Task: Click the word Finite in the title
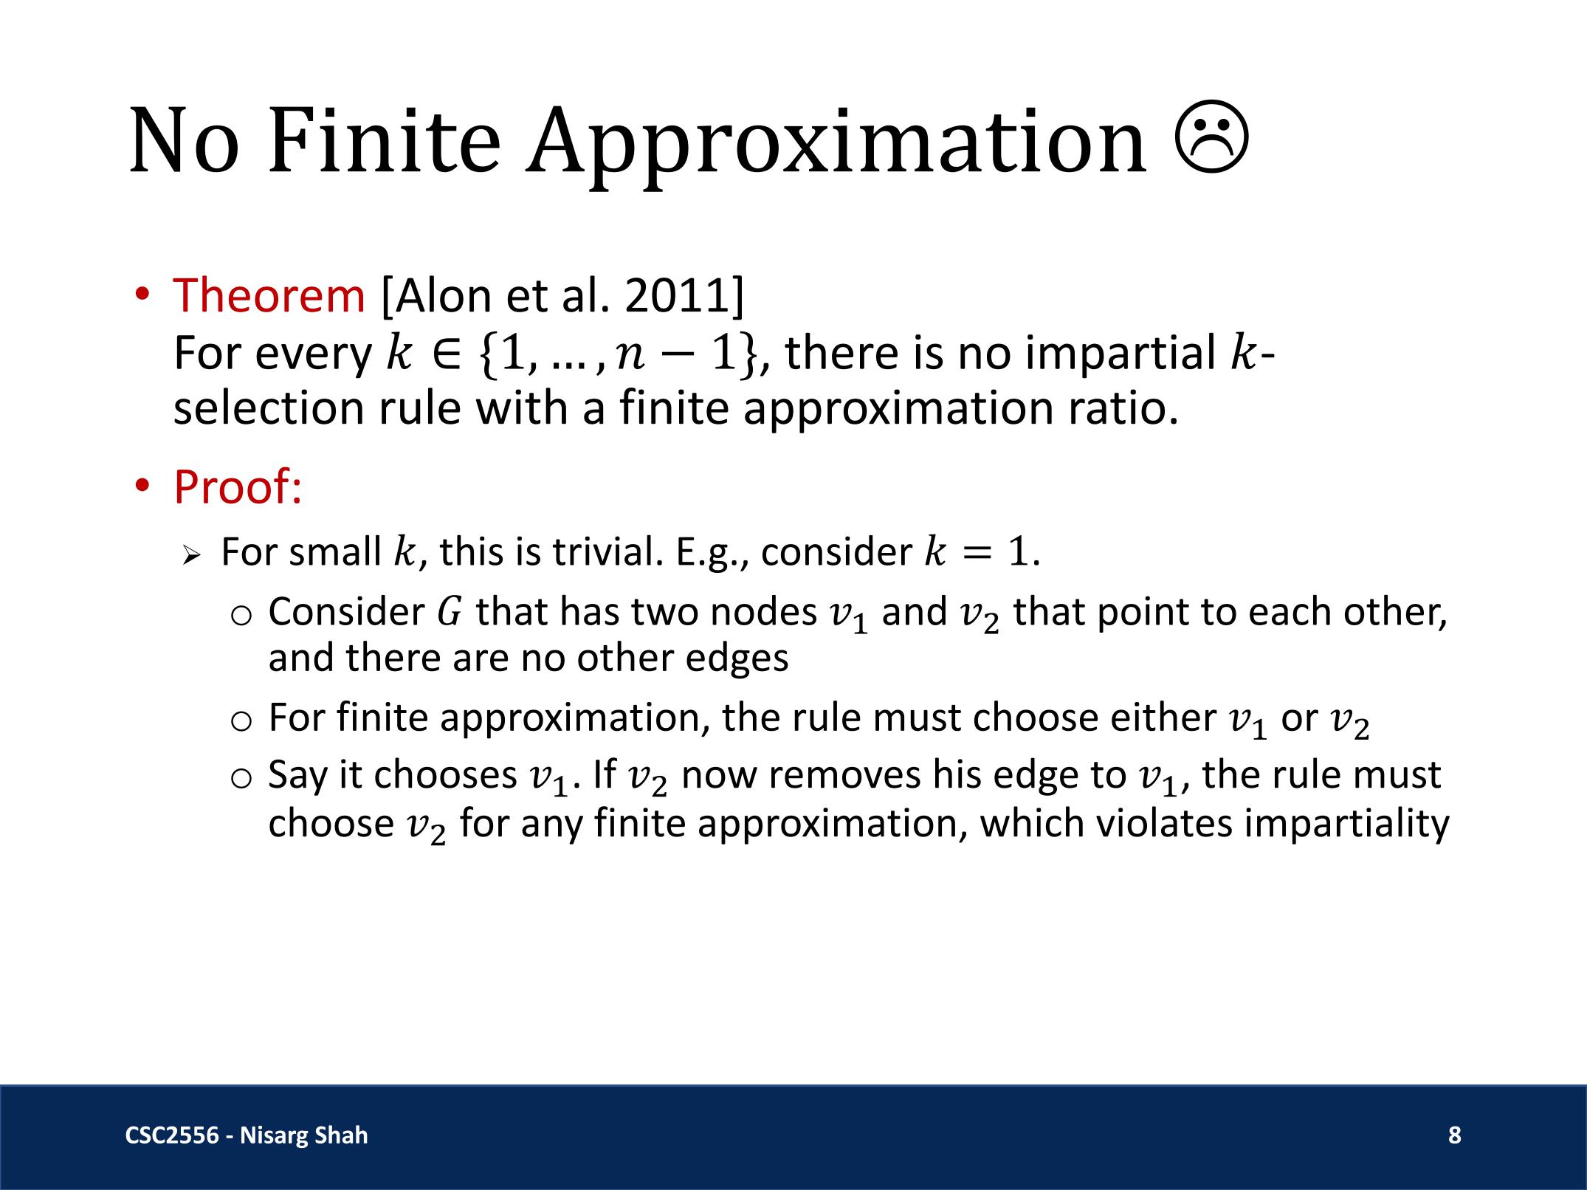click(384, 140)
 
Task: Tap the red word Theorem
click(269, 295)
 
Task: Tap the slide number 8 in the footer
click(1454, 1135)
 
